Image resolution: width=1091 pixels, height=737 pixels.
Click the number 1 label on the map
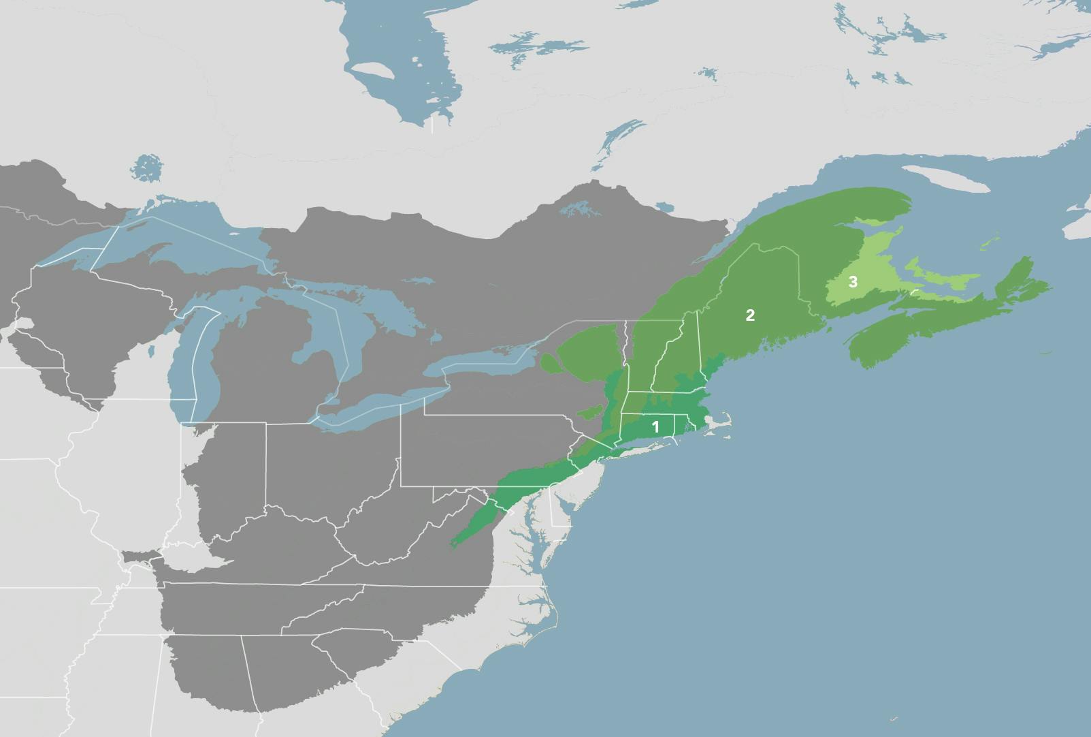tap(655, 427)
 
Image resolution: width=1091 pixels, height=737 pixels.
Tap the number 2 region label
tap(750, 315)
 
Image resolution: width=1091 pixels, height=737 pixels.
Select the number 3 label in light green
tap(852, 281)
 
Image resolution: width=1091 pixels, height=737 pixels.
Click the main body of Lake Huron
tap(320, 327)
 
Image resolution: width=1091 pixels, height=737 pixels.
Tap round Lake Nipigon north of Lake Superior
tap(146, 168)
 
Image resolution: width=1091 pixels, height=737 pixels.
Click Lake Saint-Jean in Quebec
tap(579, 208)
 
